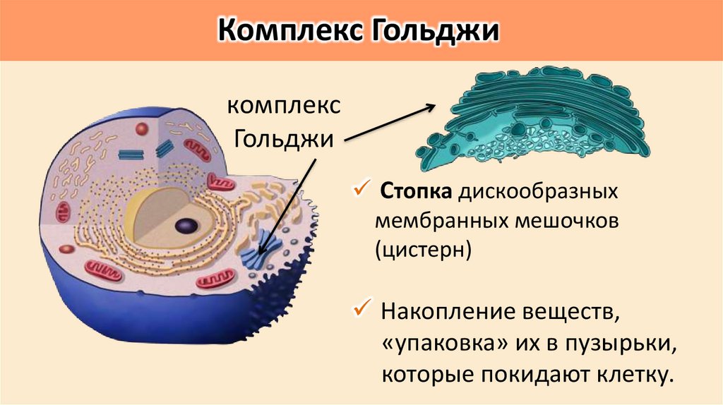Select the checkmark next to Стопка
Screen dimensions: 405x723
click(361, 189)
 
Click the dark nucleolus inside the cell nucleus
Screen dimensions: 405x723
click(186, 226)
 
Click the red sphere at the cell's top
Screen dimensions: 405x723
click(142, 129)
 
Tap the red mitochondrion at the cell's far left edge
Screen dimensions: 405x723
click(64, 210)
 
